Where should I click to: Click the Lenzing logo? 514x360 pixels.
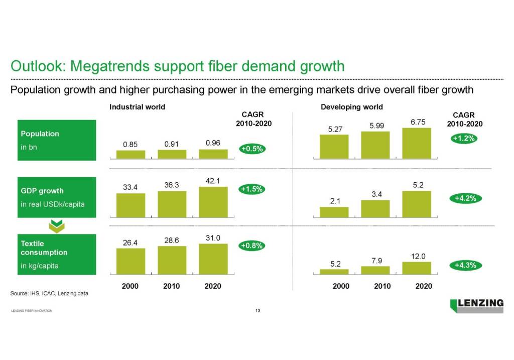point(476,305)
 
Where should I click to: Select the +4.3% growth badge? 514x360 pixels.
point(465,265)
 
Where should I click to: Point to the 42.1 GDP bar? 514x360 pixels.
point(213,202)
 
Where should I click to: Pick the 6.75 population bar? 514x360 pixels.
point(417,143)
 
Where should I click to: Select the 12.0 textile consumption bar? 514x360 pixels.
point(417,269)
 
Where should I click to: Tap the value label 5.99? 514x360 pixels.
point(377,126)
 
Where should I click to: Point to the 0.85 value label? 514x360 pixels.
point(131,145)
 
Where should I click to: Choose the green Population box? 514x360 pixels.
point(57,141)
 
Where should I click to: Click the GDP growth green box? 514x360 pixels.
point(57,197)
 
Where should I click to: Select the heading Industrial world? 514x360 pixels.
point(137,107)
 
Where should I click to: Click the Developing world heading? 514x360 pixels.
point(351,107)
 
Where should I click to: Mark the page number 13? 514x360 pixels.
point(258,311)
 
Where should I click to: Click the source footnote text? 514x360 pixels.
point(49,293)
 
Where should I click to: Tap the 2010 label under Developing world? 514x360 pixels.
point(382,286)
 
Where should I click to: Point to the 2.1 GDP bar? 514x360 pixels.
point(334,212)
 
